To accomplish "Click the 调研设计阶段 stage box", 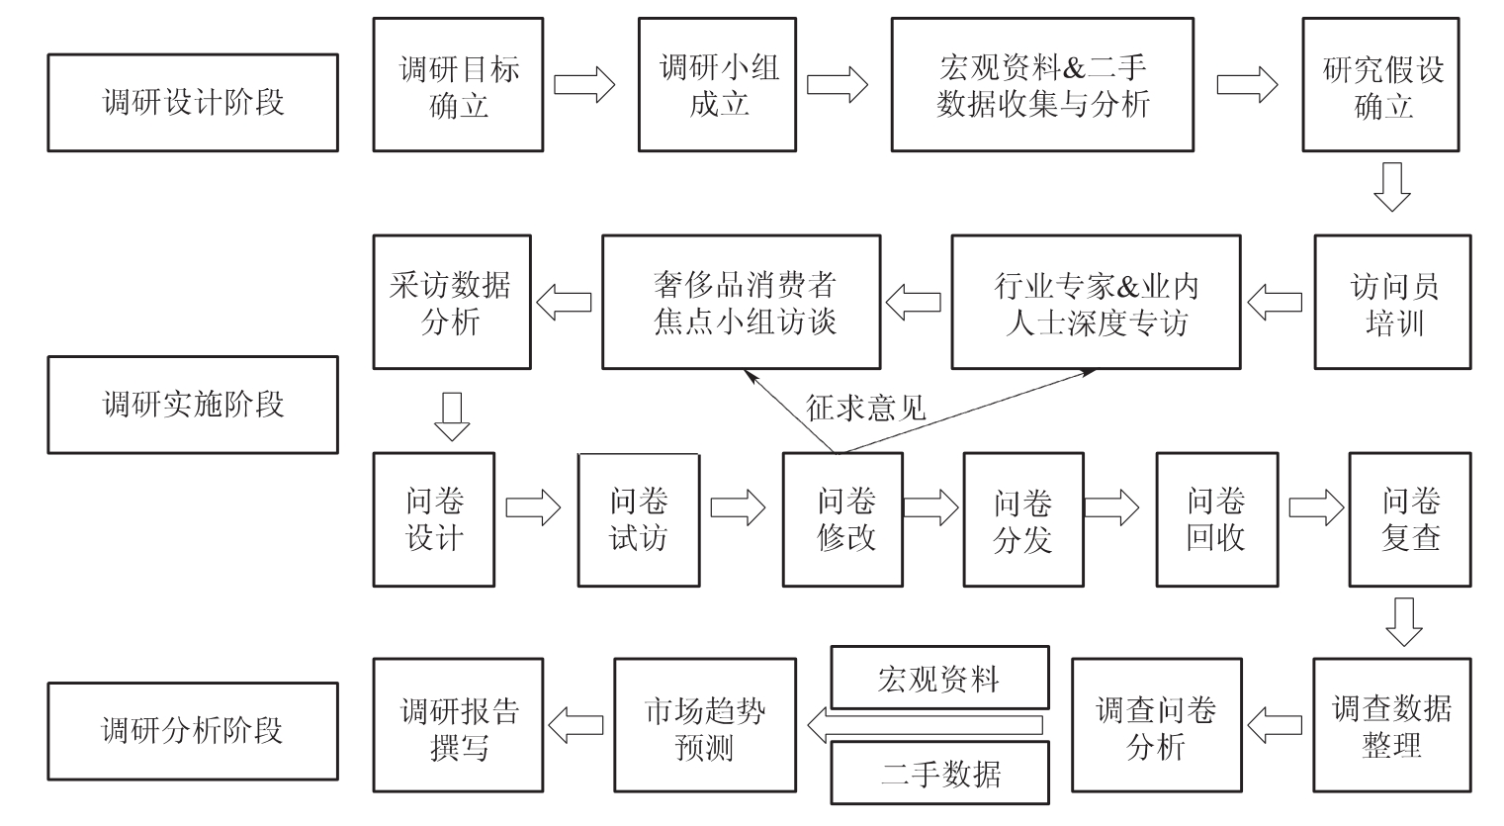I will (x=193, y=103).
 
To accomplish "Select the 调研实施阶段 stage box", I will (x=193, y=405).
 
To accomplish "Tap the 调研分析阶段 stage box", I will (x=193, y=731).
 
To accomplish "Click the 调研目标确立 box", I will (x=458, y=85).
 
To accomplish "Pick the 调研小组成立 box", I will (x=718, y=85).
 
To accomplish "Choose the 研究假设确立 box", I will (x=1381, y=85).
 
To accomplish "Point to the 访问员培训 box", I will (x=1392, y=303).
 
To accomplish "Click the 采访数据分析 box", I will (x=452, y=303).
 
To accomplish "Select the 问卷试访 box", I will (x=639, y=520).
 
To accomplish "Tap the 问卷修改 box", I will (x=842, y=520).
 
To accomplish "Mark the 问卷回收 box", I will (x=1217, y=520).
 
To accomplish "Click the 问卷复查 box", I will (x=1410, y=520).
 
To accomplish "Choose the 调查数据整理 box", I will (x=1392, y=726).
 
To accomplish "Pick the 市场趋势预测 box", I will (x=705, y=726).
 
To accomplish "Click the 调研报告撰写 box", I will (x=458, y=726).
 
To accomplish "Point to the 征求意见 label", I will (x=866, y=408).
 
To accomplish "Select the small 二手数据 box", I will (x=939, y=774).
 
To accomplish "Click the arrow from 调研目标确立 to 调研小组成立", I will (x=583, y=85).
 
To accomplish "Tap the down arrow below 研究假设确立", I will (x=1392, y=187).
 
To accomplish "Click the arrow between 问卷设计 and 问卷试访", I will (x=534, y=508).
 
